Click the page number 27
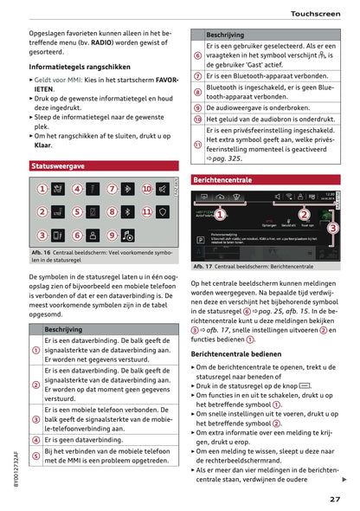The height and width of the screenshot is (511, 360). [334, 499]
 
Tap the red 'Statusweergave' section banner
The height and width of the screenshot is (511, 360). [58, 165]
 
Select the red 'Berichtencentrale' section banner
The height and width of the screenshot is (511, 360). [223, 180]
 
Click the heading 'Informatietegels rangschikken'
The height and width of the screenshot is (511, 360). [80, 67]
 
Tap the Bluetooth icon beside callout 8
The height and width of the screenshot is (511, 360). [128, 211]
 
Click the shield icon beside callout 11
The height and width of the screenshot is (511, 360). [164, 211]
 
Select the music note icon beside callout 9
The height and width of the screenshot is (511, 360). [128, 235]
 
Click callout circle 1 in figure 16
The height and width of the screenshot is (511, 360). [42, 189]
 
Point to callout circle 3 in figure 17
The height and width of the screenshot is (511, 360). [334, 227]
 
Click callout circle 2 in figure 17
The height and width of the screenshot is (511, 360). [304, 214]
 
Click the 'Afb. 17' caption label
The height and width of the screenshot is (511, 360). [203, 267]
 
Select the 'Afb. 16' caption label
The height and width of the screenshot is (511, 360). [41, 252]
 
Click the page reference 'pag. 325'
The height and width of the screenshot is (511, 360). [225, 159]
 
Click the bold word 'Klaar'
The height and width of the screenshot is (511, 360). [44, 146]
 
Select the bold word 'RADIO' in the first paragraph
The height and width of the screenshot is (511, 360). [111, 40]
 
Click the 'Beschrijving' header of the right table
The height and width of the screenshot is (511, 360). [225, 35]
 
